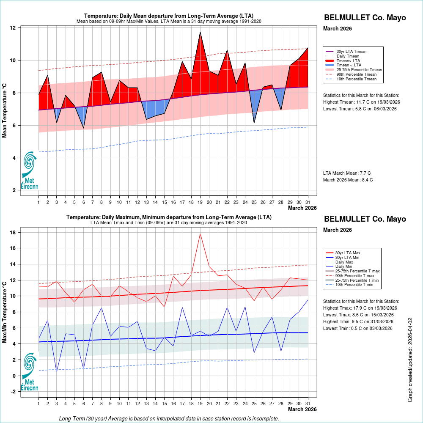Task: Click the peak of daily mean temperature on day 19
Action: [200, 32]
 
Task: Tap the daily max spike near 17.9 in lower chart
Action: [200, 233]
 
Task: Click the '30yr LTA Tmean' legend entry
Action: [351, 52]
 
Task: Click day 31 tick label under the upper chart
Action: [308, 202]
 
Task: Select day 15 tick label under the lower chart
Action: [164, 404]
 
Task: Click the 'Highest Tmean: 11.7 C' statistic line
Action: [361, 102]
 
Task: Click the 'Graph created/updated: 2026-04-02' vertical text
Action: [410, 360]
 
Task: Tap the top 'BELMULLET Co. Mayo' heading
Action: [365, 18]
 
